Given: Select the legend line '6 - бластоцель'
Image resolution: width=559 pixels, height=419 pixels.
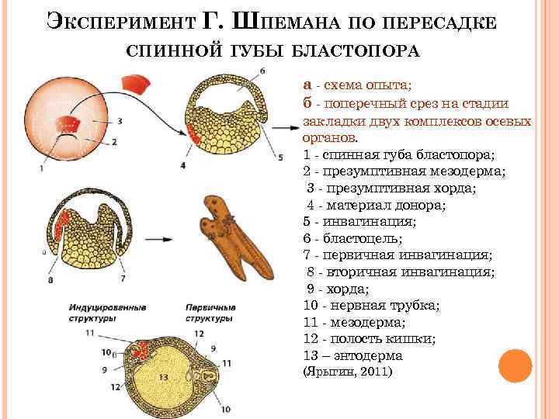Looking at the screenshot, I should (x=347, y=237).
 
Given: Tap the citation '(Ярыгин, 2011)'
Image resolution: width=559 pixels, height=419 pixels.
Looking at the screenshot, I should (x=347, y=372).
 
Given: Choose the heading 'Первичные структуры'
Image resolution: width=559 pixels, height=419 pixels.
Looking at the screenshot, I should (x=210, y=313).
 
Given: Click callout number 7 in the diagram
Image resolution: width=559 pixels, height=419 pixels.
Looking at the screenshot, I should (x=123, y=277).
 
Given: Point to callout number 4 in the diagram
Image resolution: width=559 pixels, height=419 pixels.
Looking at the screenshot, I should (x=182, y=165).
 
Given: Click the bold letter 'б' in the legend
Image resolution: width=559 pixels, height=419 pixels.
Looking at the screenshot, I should (x=307, y=102).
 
